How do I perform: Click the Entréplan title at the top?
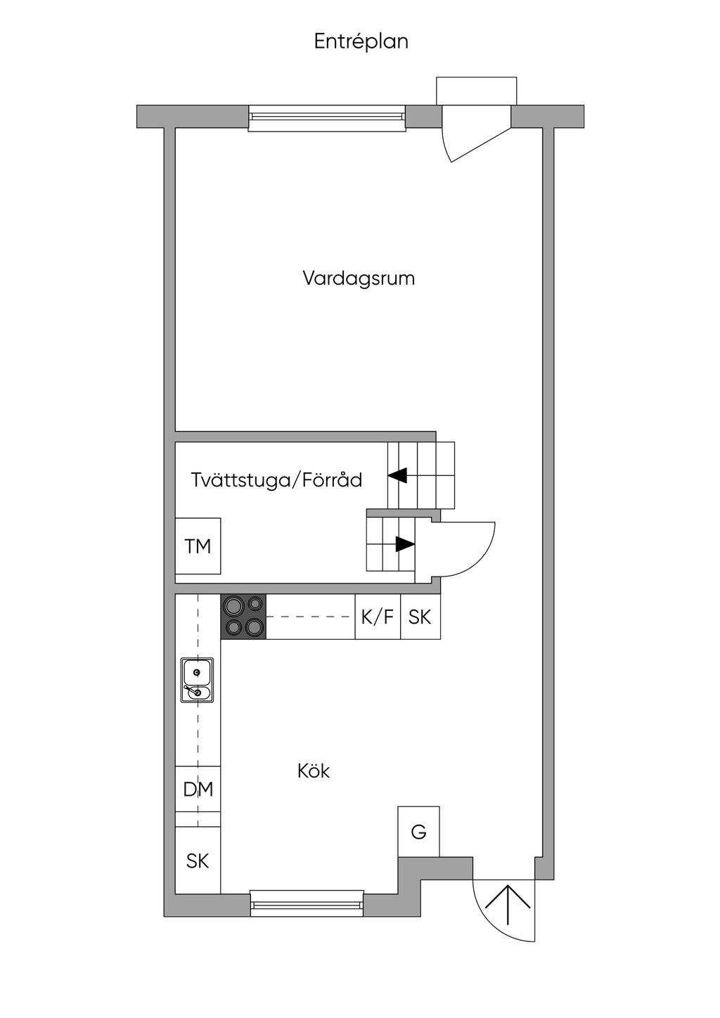tap(361, 42)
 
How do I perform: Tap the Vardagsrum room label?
tap(359, 278)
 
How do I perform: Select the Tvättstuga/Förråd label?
tap(276, 480)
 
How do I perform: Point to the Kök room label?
tap(314, 771)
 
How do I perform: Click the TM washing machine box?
tap(198, 546)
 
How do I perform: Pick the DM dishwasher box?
tap(198, 790)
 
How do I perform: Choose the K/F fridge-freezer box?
tap(378, 617)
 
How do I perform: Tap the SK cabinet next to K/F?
tap(420, 617)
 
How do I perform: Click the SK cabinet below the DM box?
tap(198, 860)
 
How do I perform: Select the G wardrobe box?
tap(418, 832)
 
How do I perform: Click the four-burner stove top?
tap(244, 617)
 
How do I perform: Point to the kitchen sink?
tap(197, 680)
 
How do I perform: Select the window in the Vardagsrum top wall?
tap(326, 119)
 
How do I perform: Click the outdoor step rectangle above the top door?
tap(476, 91)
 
